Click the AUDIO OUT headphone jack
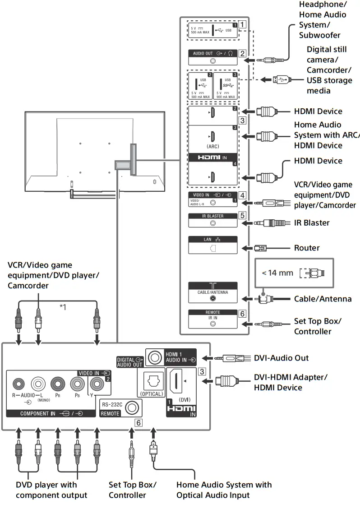coord(212,61)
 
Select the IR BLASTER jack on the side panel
coord(212,222)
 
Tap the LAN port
coord(212,248)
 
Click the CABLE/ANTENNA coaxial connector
coord(212,298)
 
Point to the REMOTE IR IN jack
coord(212,324)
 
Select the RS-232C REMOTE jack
coord(132,408)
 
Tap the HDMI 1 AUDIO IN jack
coord(155,357)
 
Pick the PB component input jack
coord(77,384)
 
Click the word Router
coord(307,248)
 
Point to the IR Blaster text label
coord(312,222)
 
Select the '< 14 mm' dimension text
coord(277,273)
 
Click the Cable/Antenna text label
coord(323,299)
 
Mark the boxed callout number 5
coord(242,216)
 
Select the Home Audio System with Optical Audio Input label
coord(224,490)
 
